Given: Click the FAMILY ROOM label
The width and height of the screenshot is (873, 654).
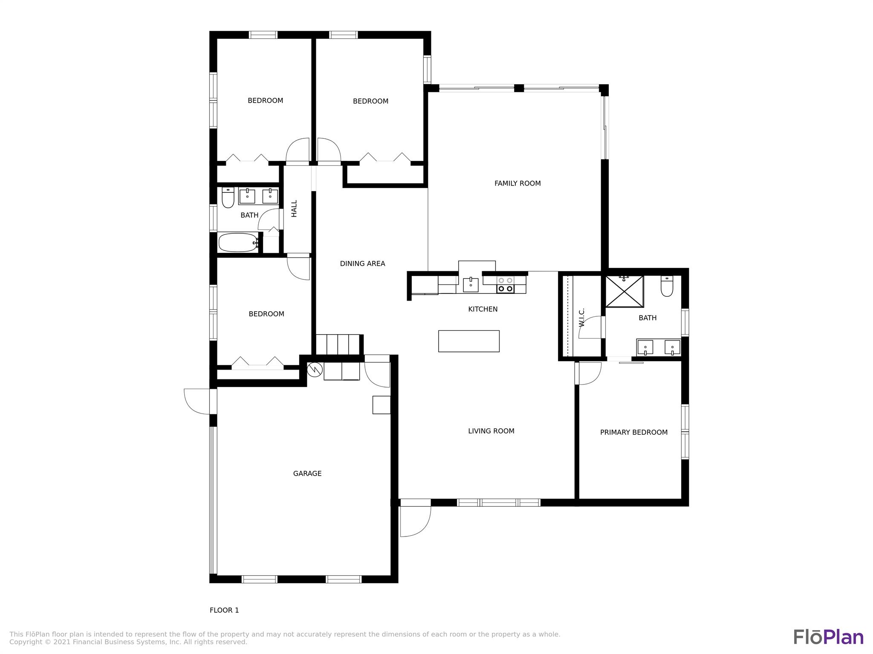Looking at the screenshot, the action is (x=517, y=184).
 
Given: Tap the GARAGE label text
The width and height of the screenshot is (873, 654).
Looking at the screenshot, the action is (x=307, y=473).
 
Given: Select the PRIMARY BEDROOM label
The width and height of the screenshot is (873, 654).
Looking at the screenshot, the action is (x=634, y=433).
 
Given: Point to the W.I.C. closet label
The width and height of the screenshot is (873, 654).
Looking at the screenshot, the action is (x=582, y=317).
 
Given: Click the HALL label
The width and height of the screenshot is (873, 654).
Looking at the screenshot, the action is (x=294, y=209).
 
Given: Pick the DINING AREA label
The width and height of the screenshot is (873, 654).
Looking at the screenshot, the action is (x=362, y=264).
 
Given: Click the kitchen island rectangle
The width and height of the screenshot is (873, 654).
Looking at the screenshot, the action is (x=469, y=341).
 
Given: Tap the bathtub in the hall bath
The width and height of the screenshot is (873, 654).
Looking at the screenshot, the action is (x=238, y=243).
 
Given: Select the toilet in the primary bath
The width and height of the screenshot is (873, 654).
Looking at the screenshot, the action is (x=667, y=286).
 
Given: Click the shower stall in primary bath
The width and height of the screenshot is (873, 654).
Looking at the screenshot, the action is (x=624, y=291).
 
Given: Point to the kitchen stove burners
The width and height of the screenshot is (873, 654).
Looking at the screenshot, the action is (x=506, y=284).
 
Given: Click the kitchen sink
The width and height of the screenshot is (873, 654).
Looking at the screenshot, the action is (x=471, y=284).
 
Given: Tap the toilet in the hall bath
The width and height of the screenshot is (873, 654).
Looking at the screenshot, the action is (x=228, y=198).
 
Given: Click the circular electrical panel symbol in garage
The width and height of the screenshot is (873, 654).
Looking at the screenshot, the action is (x=315, y=370).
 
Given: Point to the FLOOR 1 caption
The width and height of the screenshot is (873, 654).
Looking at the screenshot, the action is (x=224, y=610).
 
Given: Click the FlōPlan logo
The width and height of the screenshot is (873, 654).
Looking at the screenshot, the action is (x=828, y=637).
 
